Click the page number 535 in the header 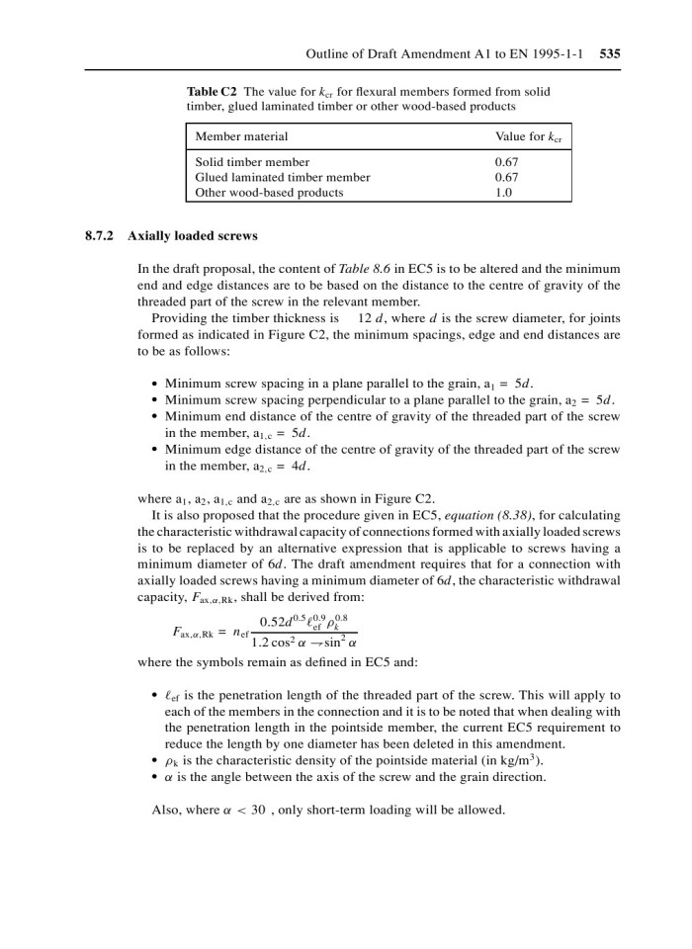610,53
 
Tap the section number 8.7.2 99,237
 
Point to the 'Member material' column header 242,135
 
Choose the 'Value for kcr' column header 533,135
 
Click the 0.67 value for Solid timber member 507,162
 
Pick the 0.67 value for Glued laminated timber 507,177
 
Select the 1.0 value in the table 503,193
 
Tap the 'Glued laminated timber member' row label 283,177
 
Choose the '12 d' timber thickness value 370,318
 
